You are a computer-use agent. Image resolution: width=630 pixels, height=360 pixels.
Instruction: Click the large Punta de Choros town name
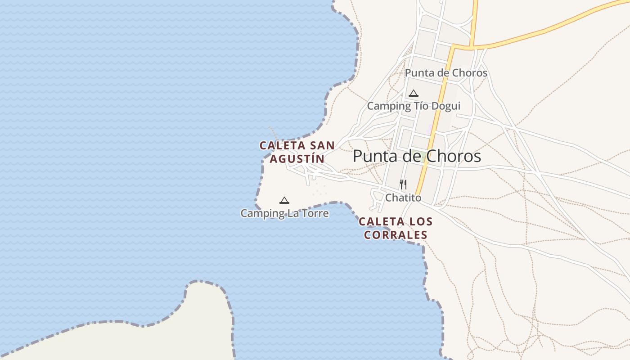coord(417,156)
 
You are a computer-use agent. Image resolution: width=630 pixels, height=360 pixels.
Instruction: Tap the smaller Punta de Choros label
coord(446,73)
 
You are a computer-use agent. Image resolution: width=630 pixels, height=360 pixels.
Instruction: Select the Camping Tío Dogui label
coord(414,106)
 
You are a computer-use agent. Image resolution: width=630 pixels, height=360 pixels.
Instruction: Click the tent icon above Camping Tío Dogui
coord(414,94)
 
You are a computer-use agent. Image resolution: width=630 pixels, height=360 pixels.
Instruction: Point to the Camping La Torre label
coord(284,213)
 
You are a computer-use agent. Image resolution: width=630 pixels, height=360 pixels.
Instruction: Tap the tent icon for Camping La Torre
coord(284,201)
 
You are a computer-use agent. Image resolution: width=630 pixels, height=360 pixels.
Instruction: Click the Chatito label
coord(403,198)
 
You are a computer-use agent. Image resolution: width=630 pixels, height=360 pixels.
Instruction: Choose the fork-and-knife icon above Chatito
coord(403,184)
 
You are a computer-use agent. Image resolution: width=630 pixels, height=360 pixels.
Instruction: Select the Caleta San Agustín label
coord(297,152)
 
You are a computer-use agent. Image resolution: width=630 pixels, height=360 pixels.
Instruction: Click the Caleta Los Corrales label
coord(396,228)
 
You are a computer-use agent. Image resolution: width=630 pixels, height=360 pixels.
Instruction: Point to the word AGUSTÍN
coord(297,159)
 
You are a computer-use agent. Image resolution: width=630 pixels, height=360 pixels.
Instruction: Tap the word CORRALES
coord(396,235)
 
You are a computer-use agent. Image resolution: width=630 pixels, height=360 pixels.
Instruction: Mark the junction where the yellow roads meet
coord(471,46)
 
